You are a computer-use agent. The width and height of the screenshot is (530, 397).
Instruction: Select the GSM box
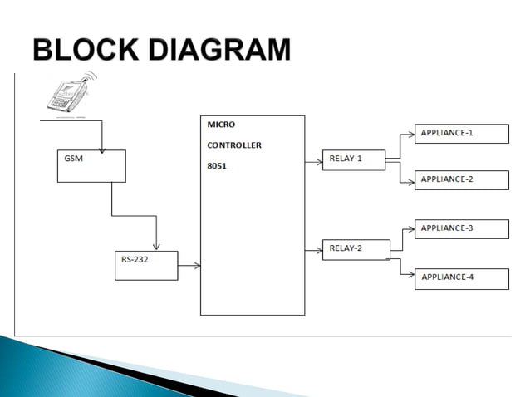[91, 165]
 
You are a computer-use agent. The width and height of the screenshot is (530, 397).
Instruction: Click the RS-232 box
[146, 265]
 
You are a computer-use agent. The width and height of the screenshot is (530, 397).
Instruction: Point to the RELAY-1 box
[354, 159]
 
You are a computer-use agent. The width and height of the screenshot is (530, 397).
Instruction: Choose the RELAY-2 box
[356, 249]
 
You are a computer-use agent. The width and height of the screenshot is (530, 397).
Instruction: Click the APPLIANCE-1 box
[461, 134]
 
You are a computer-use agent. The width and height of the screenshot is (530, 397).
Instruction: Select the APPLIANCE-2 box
[461, 180]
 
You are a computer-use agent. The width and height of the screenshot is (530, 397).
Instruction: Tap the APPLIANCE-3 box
[461, 228]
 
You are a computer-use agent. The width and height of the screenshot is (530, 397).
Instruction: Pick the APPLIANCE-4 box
[461, 278]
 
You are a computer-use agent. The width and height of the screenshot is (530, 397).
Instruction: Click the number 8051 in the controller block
[216, 165]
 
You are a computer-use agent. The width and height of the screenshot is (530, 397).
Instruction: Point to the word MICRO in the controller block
[221, 125]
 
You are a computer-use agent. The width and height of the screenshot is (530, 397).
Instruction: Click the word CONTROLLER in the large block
[234, 145]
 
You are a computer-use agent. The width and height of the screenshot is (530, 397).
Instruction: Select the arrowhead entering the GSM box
[102, 149]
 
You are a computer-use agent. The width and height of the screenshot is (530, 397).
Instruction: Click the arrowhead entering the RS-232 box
[155, 247]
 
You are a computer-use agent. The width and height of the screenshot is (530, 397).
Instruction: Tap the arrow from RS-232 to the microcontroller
[189, 266]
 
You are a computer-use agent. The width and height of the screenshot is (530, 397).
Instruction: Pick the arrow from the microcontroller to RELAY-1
[314, 162]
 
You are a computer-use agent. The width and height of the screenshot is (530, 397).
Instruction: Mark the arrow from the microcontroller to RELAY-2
[314, 249]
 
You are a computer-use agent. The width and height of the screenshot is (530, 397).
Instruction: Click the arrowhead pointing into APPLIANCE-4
[411, 276]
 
